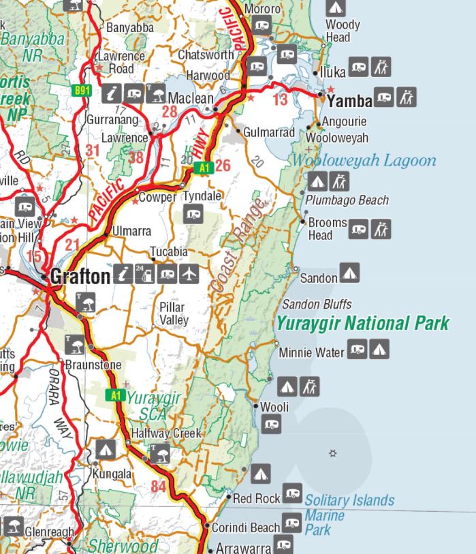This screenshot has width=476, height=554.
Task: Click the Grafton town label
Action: tap(79, 276)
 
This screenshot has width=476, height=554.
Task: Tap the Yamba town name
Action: tap(350, 102)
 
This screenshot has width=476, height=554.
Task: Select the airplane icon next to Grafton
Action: tap(189, 274)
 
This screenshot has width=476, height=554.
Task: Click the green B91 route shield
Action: tap(82, 89)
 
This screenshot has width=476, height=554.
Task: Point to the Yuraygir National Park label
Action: tap(363, 323)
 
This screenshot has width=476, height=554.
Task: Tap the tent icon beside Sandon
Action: tap(349, 273)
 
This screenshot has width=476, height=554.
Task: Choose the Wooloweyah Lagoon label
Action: tap(364, 161)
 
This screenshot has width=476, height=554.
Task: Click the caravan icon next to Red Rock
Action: tap(293, 493)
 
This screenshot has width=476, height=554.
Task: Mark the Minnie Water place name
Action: tap(311, 352)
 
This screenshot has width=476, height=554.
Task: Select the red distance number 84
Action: tap(159, 487)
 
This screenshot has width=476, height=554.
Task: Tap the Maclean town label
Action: tap(190, 98)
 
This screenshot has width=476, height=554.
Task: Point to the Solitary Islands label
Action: tap(349, 501)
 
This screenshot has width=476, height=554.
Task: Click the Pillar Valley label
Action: tap(173, 313)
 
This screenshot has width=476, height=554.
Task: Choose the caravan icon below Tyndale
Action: tap(193, 216)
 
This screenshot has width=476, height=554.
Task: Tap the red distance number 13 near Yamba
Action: tap(280, 101)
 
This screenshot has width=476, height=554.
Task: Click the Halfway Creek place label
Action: tap(166, 433)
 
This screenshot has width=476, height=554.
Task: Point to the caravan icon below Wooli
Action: tap(272, 425)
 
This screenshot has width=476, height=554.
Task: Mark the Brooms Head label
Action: tap(327, 229)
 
